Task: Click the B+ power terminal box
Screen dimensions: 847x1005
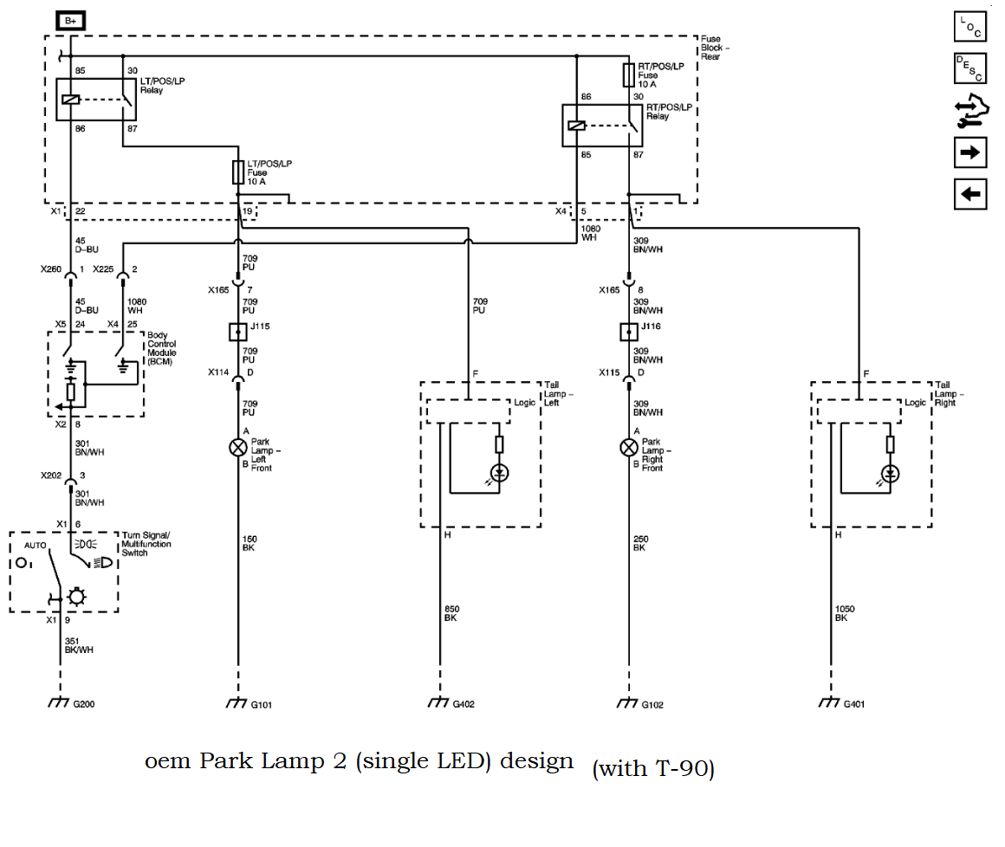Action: [x=71, y=20]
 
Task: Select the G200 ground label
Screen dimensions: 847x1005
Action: [x=84, y=704]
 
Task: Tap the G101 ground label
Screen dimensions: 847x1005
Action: [x=262, y=704]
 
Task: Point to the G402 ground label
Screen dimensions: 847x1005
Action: [x=465, y=704]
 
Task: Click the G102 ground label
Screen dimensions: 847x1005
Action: [x=653, y=704]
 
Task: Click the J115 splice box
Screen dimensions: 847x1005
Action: [x=237, y=331]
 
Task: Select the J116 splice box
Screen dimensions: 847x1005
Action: [x=629, y=331]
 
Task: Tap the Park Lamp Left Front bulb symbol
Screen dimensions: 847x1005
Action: [x=237, y=447]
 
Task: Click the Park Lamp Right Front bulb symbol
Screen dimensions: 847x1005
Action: [x=629, y=447]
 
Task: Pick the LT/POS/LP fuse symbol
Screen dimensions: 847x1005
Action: [x=237, y=172]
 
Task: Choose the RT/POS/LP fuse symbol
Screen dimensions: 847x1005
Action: [x=629, y=74]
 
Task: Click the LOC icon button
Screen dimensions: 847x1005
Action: [x=969, y=28]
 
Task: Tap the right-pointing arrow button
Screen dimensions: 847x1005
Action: [x=970, y=152]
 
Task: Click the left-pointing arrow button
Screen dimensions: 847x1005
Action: [x=970, y=194]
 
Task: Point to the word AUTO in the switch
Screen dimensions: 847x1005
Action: [x=36, y=545]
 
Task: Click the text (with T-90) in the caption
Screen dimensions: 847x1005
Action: [x=653, y=769]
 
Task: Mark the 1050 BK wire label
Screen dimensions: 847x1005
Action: [x=845, y=613]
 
